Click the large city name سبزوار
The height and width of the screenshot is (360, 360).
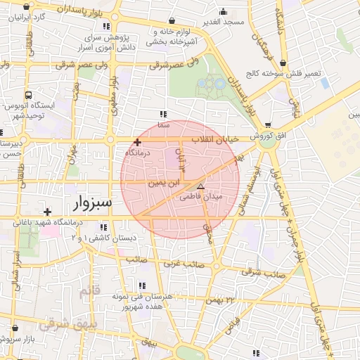[x=92, y=205]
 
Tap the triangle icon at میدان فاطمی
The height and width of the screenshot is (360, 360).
[x=201, y=187]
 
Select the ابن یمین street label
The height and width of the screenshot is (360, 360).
[x=164, y=182]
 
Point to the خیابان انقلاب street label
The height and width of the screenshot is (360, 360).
[x=218, y=140]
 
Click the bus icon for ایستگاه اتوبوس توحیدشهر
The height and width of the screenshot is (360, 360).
[x=28, y=95]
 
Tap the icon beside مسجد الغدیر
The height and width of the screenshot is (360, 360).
[x=223, y=11]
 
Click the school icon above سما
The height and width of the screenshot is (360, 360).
[x=164, y=114]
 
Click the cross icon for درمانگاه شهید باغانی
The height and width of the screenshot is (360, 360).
[x=46, y=212]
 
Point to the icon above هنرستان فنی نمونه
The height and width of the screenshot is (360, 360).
[x=143, y=285]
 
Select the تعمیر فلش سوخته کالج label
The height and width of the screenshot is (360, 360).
[x=281, y=73]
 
